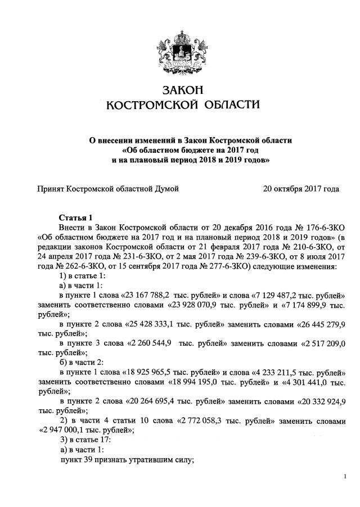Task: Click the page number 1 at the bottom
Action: point(344,477)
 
